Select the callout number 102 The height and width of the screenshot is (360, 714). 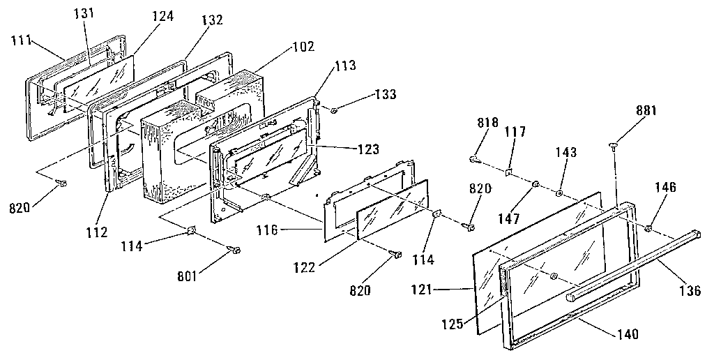point(303,47)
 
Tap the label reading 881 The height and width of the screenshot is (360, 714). point(646,110)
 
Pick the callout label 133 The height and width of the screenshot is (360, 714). point(387,94)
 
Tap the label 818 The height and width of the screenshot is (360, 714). point(487,123)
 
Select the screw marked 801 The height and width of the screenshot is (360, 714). point(234,250)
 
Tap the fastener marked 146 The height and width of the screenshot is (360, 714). point(649,227)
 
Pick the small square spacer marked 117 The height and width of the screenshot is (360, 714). point(510,171)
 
